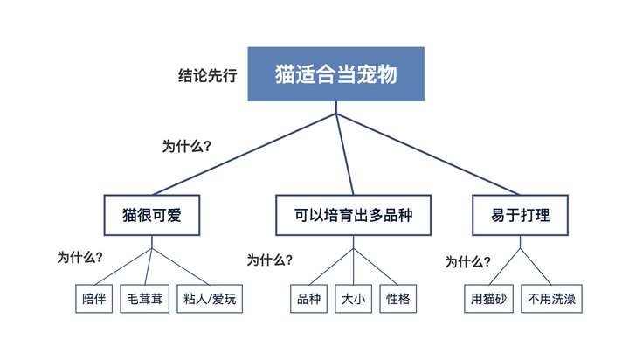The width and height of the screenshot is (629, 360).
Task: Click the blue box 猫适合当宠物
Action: tap(335, 74)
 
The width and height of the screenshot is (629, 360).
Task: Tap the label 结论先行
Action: tap(207, 75)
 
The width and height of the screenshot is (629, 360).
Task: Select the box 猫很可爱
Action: tap(152, 215)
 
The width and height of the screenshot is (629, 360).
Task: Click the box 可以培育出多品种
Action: tap(354, 215)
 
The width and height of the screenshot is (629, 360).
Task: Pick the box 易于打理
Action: tap(521, 215)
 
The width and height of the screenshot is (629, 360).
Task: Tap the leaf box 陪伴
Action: tap(93, 299)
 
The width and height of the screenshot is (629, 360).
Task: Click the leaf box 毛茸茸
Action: tap(144, 299)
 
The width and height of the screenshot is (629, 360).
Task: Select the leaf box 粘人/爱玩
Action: tap(210, 299)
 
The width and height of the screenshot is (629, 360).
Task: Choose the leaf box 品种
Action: tap(308, 299)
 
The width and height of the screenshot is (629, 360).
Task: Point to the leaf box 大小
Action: tap(354, 299)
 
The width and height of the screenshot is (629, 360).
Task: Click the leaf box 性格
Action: tap(398, 299)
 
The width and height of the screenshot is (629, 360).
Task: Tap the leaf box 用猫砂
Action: tap(488, 299)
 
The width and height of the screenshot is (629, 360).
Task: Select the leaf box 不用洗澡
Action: tap(551, 299)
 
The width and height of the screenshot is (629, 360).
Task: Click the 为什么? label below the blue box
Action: tap(187, 146)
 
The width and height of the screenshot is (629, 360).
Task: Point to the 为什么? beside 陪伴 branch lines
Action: tap(79, 257)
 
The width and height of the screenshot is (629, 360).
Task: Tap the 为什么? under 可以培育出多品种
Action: tap(270, 260)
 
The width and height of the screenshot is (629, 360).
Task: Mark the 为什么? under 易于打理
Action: tap(467, 262)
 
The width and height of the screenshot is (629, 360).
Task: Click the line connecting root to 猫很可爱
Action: tap(244, 155)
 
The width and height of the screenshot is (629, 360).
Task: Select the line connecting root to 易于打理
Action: tap(428, 155)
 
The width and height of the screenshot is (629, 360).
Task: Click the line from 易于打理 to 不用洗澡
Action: tap(536, 267)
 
